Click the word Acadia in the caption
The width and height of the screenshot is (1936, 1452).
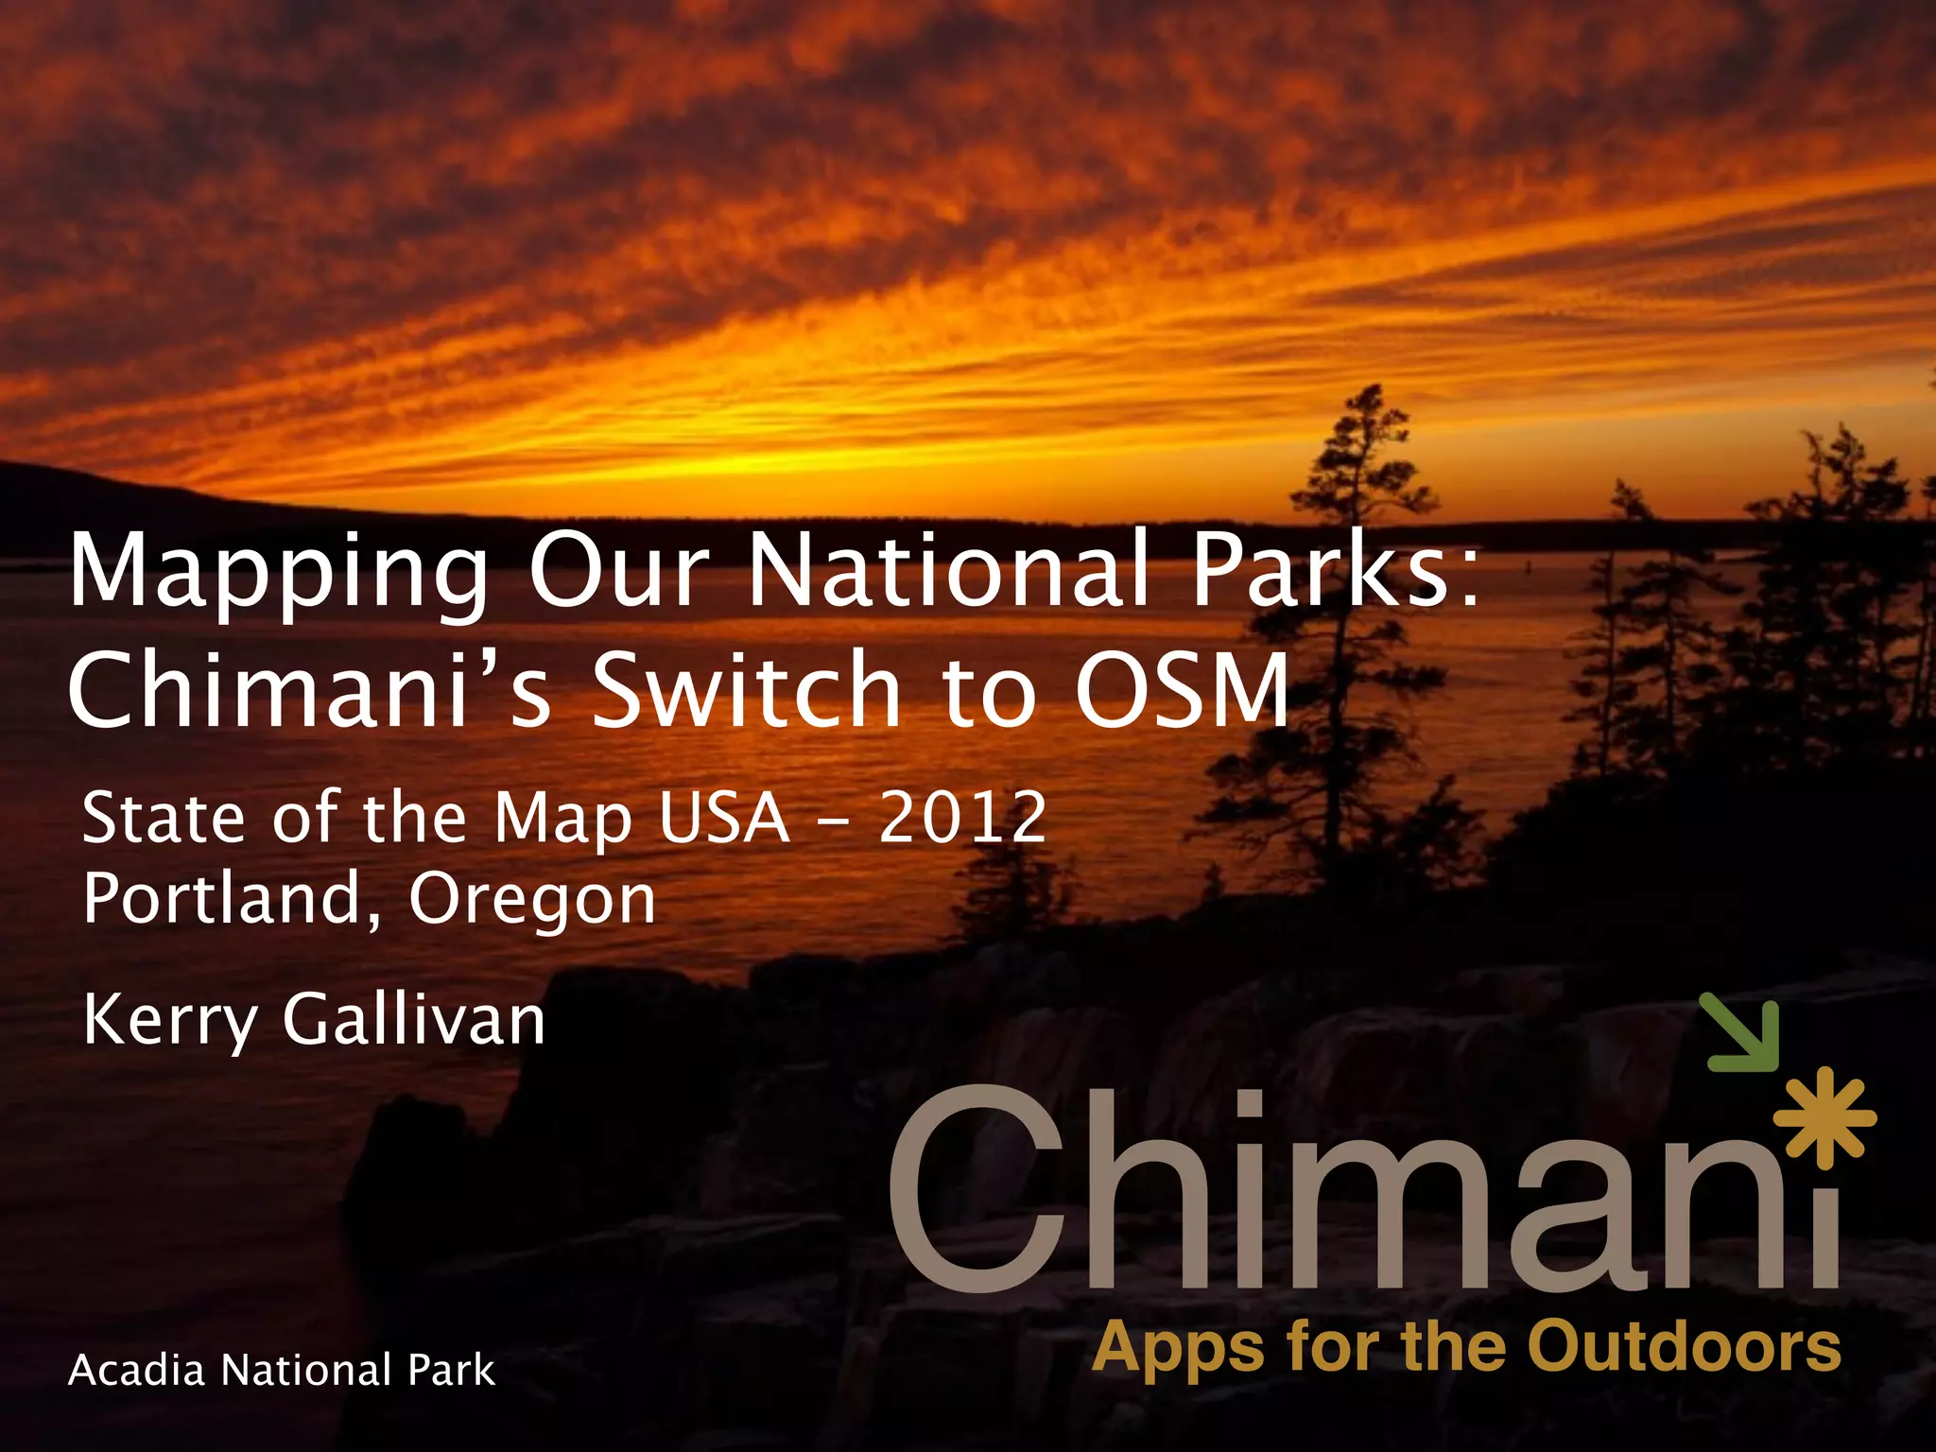(x=136, y=1371)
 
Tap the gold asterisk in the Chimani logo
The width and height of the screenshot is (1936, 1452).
(x=1824, y=1117)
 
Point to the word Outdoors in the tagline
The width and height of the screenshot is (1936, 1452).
(x=1684, y=1346)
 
